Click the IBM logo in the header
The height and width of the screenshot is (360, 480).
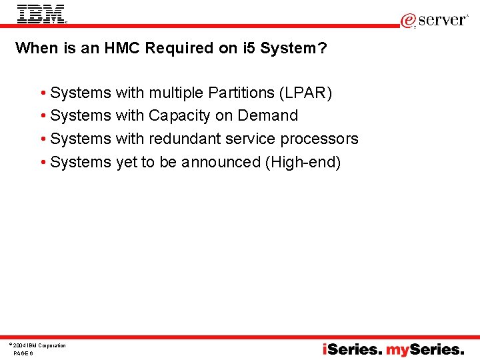(41, 14)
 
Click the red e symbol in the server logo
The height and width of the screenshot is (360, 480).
(408, 21)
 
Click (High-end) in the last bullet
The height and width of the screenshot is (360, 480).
(303, 162)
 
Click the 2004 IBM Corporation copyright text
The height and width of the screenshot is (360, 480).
(39, 345)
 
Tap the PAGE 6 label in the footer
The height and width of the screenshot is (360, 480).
(23, 353)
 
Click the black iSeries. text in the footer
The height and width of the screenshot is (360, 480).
(353, 349)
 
